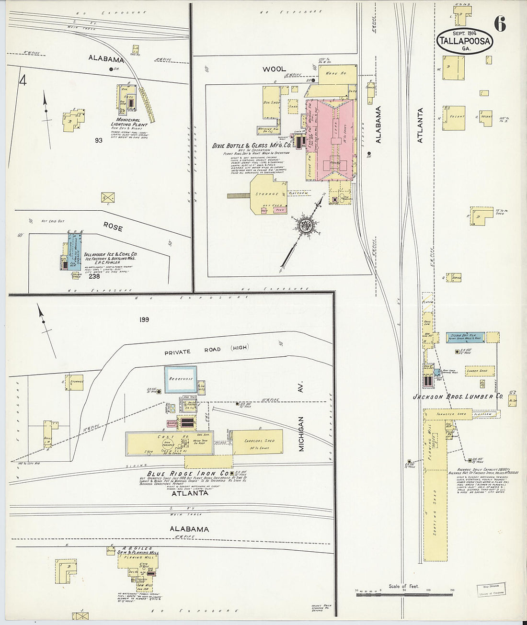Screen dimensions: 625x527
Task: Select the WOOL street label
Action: (274, 69)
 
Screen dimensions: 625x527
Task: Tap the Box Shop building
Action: (272, 102)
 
